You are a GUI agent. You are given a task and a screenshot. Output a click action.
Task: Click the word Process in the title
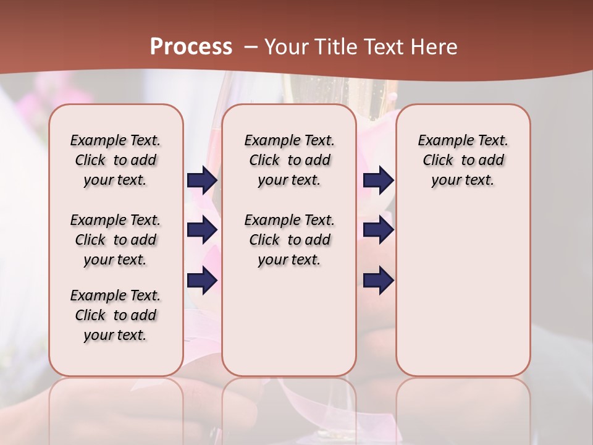pyautogui.click(x=191, y=47)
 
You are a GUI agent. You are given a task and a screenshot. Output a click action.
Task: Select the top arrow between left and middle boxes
pyautogui.click(x=202, y=180)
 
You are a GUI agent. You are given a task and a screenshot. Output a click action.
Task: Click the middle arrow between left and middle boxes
pyautogui.click(x=202, y=230)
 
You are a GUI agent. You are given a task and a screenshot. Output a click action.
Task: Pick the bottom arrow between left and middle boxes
pyautogui.click(x=202, y=281)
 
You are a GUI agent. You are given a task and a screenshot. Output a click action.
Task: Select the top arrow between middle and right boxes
pyautogui.click(x=378, y=180)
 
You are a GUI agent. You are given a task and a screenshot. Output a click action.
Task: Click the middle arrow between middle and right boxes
pyautogui.click(x=378, y=230)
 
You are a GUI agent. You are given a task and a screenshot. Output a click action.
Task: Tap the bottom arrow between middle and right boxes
pyautogui.click(x=378, y=281)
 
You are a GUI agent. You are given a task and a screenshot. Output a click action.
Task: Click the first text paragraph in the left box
pyautogui.click(x=116, y=160)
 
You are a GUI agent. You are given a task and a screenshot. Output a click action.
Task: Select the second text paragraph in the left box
pyautogui.click(x=116, y=240)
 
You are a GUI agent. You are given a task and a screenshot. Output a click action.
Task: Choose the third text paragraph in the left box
pyautogui.click(x=116, y=315)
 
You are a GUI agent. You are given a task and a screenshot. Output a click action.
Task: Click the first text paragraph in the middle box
pyautogui.click(x=289, y=160)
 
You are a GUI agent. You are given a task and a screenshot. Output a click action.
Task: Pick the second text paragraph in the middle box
pyautogui.click(x=289, y=240)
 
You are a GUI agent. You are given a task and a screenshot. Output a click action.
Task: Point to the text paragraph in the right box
pyautogui.click(x=463, y=160)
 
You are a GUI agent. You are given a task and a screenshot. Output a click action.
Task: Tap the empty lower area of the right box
pyautogui.click(x=463, y=290)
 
